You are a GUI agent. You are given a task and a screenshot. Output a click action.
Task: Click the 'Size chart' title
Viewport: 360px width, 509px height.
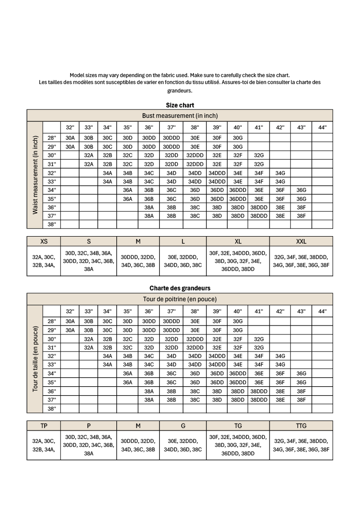(180, 105)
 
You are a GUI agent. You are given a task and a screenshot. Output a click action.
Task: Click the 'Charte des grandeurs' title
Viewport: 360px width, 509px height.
(180, 288)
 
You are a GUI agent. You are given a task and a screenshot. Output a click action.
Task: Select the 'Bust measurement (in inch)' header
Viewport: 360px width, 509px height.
(180, 116)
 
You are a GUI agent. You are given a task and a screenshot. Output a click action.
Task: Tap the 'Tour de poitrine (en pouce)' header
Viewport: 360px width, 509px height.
(180, 299)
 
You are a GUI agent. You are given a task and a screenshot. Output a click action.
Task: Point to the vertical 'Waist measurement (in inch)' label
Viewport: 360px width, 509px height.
(35, 175)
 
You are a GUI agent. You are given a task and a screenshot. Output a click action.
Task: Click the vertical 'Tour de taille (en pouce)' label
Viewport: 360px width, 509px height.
(35, 358)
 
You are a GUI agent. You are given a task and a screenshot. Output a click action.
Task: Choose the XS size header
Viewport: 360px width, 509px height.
(44, 241)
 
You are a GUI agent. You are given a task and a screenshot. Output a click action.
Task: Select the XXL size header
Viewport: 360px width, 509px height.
(301, 241)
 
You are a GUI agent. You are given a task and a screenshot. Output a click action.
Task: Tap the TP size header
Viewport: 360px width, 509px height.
(44, 425)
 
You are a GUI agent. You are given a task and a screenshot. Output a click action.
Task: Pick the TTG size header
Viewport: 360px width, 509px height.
(301, 425)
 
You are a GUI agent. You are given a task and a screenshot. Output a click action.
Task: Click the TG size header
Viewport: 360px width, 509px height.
(238, 425)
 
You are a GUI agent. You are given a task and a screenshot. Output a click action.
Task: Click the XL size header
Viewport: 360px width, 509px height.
(238, 241)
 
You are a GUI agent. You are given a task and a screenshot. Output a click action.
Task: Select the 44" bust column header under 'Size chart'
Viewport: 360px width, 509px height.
(322, 127)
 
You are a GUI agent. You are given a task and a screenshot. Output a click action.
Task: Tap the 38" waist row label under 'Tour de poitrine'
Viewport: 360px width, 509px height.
(51, 408)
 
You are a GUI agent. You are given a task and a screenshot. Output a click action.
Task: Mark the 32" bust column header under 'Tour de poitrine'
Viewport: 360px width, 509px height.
(70, 311)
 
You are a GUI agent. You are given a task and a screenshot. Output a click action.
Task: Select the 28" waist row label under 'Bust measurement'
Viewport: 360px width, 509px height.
(51, 138)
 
